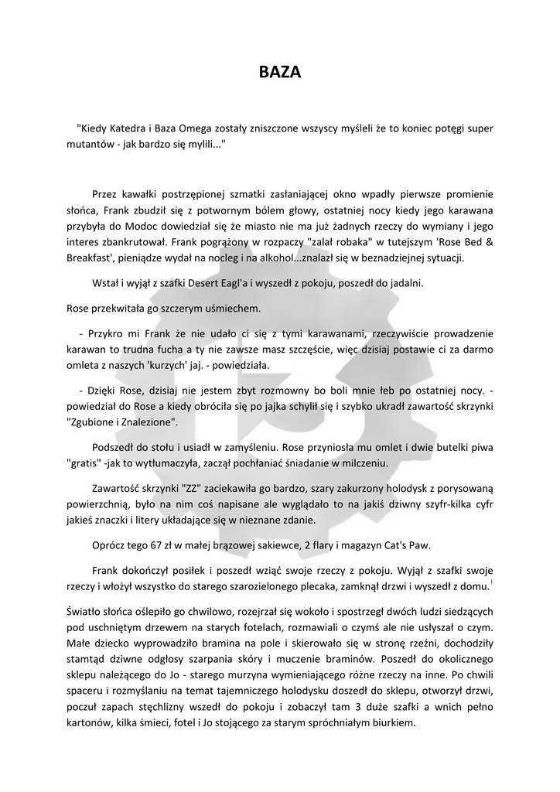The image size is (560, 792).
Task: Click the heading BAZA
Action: click(x=279, y=73)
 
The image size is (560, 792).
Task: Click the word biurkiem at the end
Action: click(x=393, y=724)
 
